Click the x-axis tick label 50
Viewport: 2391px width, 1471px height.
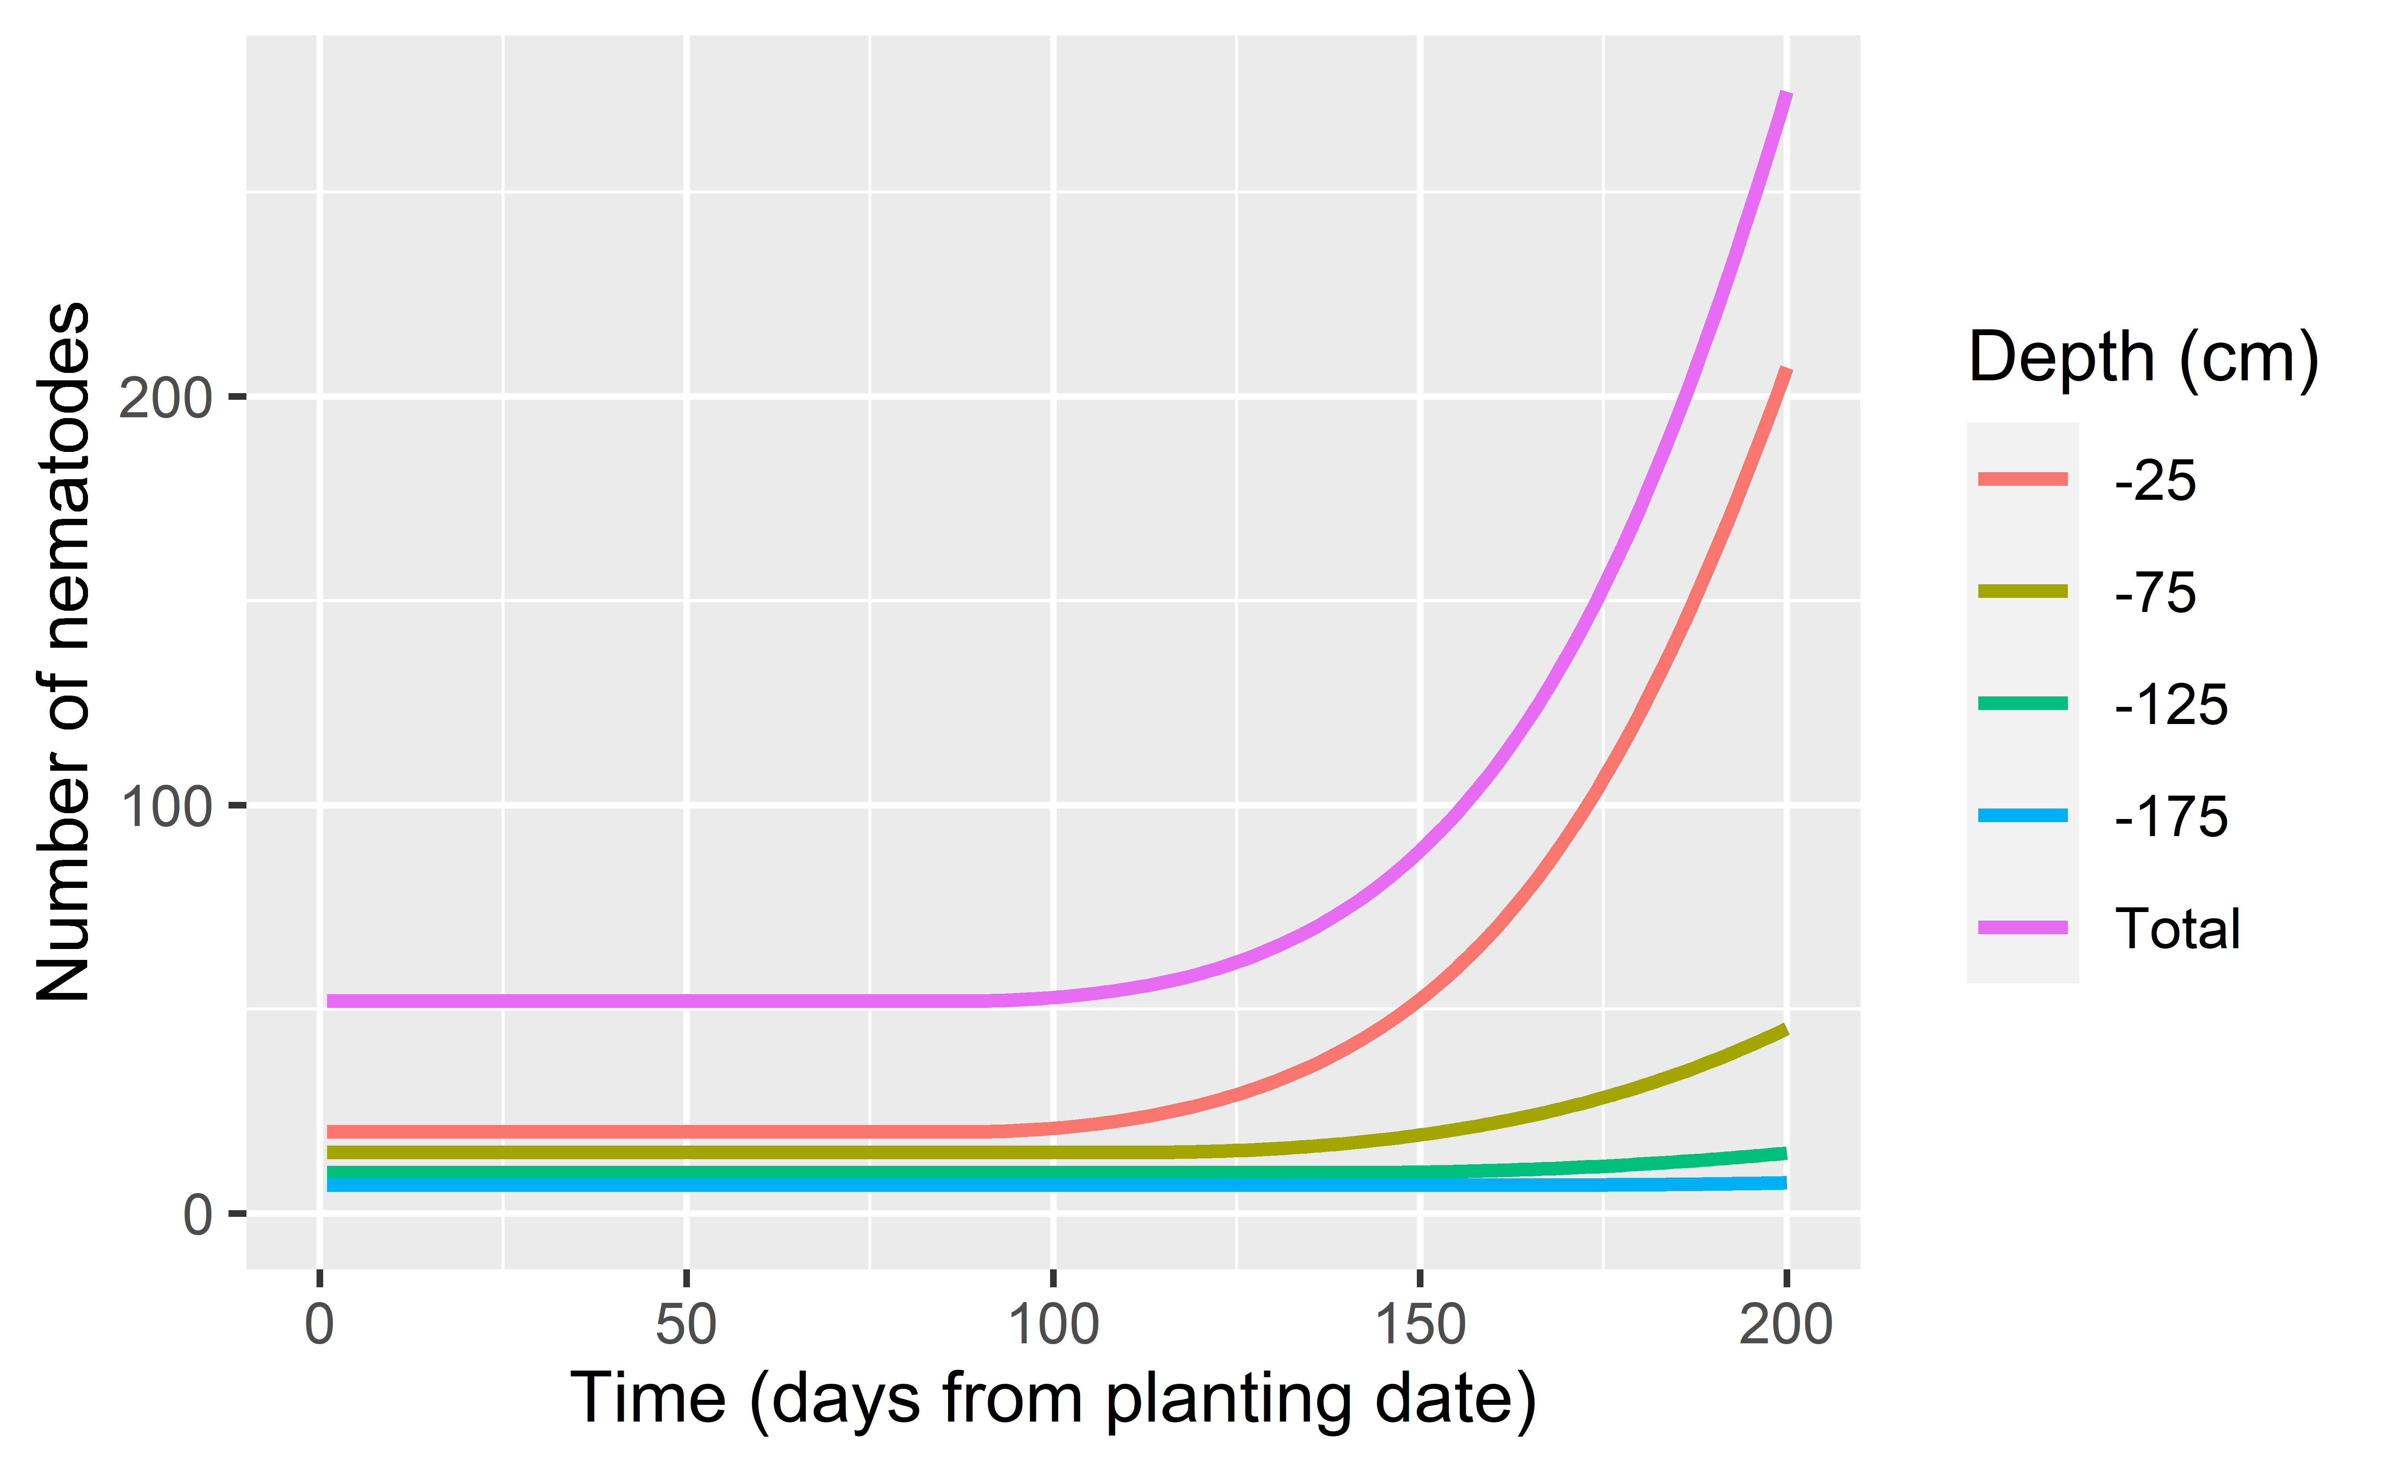coord(686,1325)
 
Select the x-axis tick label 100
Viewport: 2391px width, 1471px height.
coord(1053,1325)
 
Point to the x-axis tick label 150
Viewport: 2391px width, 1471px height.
coord(1420,1325)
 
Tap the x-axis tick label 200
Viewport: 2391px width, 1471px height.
coord(1786,1325)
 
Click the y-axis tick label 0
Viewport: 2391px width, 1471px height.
coord(197,1215)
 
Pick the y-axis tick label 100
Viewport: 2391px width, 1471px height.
coord(165,807)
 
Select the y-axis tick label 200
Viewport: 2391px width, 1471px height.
coord(165,398)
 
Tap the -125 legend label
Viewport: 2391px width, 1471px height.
coord(2170,705)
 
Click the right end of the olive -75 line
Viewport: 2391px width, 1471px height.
coord(1785,1030)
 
